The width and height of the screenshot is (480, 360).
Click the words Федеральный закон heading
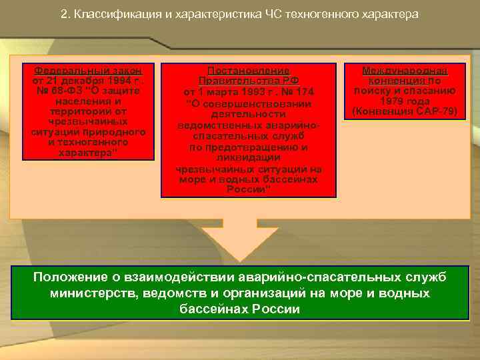click(x=89, y=70)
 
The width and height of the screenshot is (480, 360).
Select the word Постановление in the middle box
click(x=248, y=70)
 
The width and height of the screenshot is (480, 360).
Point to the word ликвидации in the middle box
click(x=248, y=158)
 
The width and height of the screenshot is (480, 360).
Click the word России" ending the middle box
click(x=248, y=189)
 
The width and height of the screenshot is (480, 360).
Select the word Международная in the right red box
click(x=405, y=70)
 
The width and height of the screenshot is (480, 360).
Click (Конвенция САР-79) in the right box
click(x=405, y=111)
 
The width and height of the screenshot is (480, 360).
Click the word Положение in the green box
click(x=65, y=277)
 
